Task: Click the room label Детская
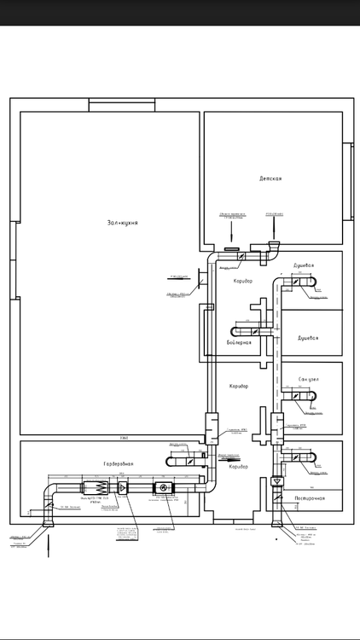point(270,178)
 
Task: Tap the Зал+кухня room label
point(122,223)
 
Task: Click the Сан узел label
point(309,379)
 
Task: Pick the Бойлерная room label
point(239,342)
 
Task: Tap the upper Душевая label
point(309,265)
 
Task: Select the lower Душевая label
point(308,338)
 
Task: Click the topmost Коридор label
point(242,281)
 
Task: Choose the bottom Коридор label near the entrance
point(238,467)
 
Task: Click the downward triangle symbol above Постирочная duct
point(276,482)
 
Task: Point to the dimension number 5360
point(125,437)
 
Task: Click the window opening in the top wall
point(122,105)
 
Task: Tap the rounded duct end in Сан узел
point(312,395)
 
